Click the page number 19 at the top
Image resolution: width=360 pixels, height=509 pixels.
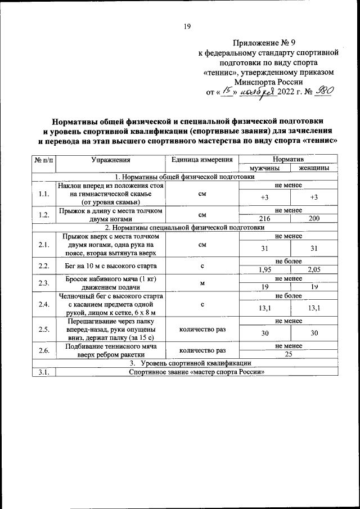pos(187,26)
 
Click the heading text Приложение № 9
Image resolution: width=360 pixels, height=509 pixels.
pos(268,43)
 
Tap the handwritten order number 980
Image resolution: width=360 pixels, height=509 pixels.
pos(326,93)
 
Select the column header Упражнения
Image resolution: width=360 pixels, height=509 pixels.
pos(111,160)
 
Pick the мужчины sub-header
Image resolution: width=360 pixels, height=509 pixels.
pos(265,168)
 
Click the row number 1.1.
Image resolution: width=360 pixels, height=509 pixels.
pos(44,195)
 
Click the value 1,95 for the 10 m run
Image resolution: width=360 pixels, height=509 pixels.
pos(265,269)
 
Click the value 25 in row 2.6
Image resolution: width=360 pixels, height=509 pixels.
pos(289,354)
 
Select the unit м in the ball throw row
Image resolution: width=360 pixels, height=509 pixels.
pos(202,283)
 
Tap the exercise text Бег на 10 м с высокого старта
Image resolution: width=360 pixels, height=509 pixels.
pos(110,265)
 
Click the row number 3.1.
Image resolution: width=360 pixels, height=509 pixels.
pos(44,372)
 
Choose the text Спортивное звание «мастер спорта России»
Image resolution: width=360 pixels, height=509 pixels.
pos(197,372)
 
